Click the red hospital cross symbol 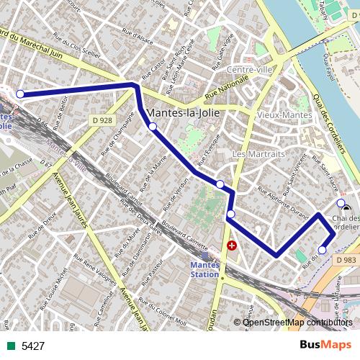click(x=232, y=246)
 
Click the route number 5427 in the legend click(x=33, y=346)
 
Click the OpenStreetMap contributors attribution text click(x=297, y=322)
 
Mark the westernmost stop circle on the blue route click(x=20, y=94)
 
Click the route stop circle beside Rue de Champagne click(x=153, y=127)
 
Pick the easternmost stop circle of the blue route click(x=341, y=202)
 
